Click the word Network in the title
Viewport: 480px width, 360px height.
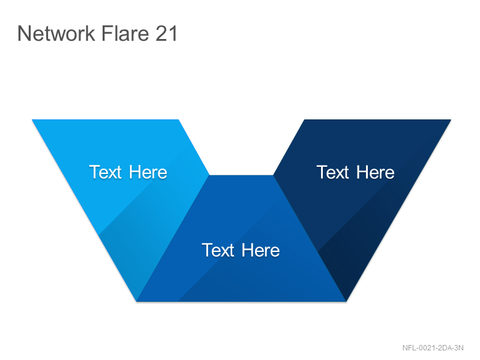coord(56,33)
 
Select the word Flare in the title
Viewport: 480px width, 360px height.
coord(125,33)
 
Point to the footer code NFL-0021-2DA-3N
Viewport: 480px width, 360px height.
coord(433,348)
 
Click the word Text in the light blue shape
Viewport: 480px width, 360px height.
coord(106,172)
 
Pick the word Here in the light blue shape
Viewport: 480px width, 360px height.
coord(148,172)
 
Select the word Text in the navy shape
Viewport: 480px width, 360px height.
coord(333,172)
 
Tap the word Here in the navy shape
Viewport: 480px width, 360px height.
coord(376,172)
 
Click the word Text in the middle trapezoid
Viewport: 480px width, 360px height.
coord(218,250)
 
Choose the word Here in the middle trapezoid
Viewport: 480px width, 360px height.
coord(261,250)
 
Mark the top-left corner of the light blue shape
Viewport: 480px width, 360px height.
coord(32,119)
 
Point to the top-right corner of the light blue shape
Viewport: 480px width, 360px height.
coord(178,119)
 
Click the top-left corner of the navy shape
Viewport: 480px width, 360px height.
coord(304,119)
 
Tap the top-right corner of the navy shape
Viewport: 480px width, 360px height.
coord(451,119)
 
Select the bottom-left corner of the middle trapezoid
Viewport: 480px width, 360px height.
coord(137,301)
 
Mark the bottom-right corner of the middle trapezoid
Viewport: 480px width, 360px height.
coord(346,301)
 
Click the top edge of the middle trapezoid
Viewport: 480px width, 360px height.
coord(241,175)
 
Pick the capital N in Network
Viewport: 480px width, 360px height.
coord(24,33)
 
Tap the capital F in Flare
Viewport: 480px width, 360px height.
coord(107,33)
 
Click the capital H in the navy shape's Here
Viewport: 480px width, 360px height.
coord(362,172)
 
